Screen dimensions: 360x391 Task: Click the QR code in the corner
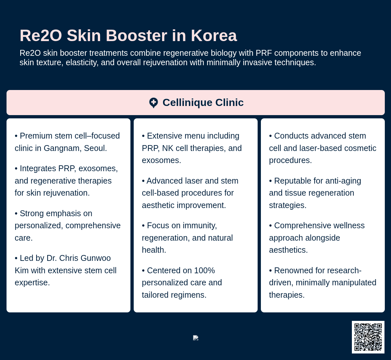click(368, 337)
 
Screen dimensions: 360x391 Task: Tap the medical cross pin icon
click(153, 103)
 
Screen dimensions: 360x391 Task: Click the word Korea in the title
click(214, 36)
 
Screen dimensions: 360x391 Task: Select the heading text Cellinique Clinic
click(203, 103)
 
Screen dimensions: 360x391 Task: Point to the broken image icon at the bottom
click(196, 338)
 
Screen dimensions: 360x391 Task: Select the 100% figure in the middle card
click(204, 271)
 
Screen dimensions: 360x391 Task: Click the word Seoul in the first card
click(95, 148)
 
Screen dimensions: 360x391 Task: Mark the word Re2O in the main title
click(41, 36)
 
